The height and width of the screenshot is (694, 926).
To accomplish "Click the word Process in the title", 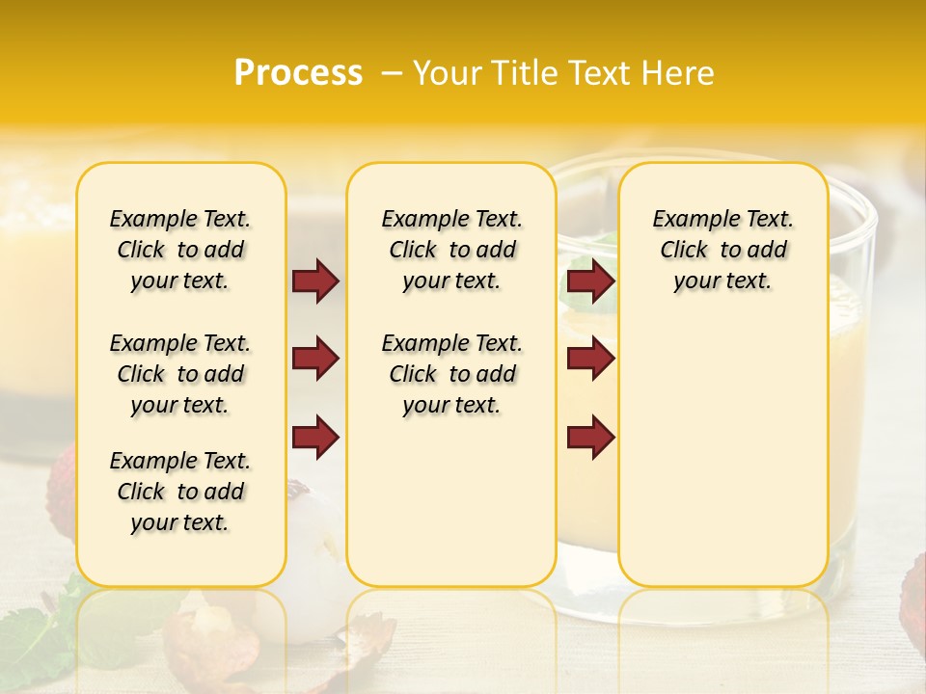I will tap(298, 73).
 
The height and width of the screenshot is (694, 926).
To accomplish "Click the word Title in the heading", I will tap(524, 73).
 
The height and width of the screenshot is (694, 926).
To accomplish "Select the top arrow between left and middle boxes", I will tap(315, 280).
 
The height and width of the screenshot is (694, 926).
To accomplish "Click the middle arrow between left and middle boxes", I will tap(315, 360).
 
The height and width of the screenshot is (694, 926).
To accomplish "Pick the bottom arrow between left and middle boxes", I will tap(315, 438).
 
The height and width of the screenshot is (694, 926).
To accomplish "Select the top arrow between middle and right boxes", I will tap(590, 280).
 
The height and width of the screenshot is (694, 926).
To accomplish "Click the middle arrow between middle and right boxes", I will tap(590, 360).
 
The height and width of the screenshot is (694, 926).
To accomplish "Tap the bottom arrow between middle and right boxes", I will tap(590, 438).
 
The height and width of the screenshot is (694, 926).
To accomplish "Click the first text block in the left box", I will tap(180, 250).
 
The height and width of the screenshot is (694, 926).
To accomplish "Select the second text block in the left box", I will tap(180, 374).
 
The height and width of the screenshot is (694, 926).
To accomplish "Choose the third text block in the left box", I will tap(180, 492).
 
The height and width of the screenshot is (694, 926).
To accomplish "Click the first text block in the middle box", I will tap(451, 250).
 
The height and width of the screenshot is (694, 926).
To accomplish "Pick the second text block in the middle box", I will tap(451, 374).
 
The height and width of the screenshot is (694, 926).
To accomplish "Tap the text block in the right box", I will tap(722, 250).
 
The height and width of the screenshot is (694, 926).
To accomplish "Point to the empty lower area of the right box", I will tap(722, 453).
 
